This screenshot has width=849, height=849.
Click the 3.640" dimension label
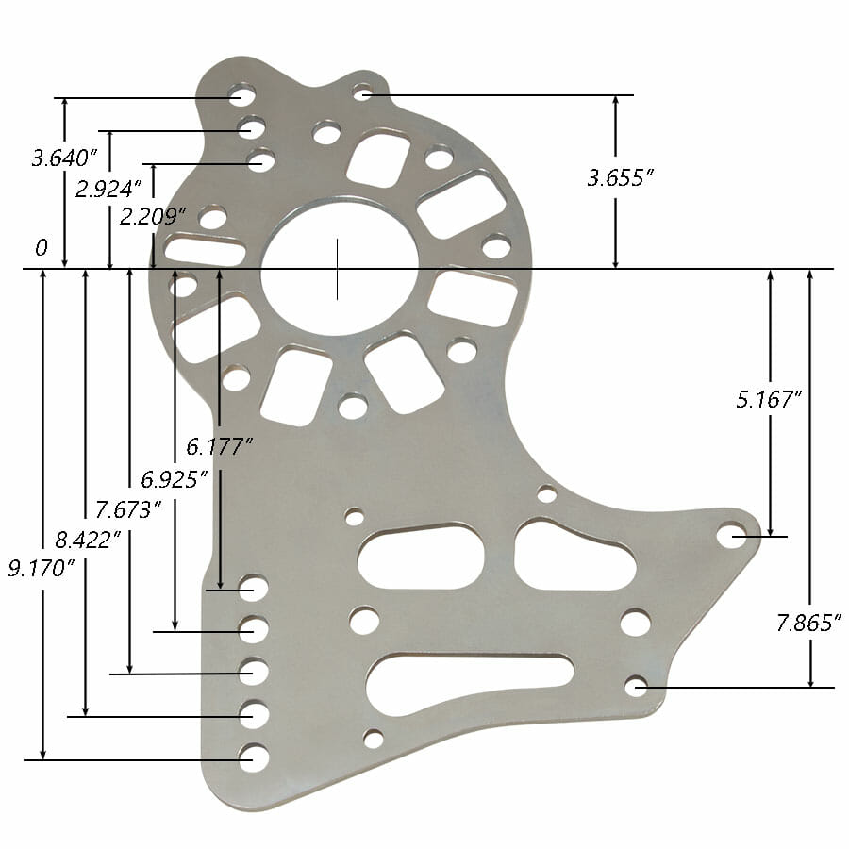click(x=64, y=157)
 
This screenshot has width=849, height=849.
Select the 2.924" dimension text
click(x=108, y=188)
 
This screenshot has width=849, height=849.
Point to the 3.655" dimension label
click(x=621, y=178)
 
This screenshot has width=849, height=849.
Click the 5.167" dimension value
click(x=769, y=399)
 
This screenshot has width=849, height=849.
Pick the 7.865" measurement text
click(x=808, y=623)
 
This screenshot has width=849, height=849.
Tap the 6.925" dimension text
click(x=175, y=478)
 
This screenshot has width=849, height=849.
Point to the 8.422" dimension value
click(x=88, y=540)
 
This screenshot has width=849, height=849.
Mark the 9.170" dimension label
click(x=42, y=568)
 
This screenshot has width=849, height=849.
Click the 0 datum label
click(x=41, y=249)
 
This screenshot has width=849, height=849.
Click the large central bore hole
click(x=339, y=268)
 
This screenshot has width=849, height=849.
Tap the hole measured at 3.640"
click(x=241, y=96)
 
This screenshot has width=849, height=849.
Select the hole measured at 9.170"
click(x=253, y=757)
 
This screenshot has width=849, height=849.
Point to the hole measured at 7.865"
click(x=636, y=686)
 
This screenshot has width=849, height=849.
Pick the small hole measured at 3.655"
click(x=362, y=92)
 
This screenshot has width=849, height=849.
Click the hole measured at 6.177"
click(x=253, y=589)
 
